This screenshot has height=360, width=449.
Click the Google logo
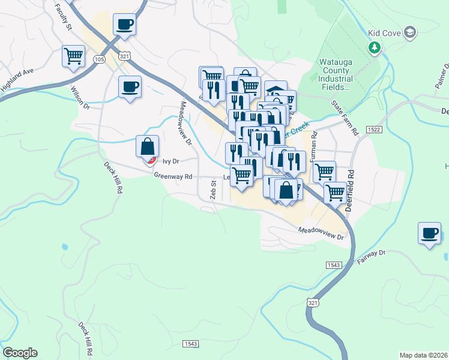coord(20,353)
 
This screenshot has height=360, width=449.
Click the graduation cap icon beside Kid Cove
coord(410,32)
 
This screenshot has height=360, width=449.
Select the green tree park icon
coord(375,47)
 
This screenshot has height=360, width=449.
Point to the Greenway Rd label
coord(172,176)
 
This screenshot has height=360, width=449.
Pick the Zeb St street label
coord(212,191)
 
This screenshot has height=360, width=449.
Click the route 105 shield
coord(100,59)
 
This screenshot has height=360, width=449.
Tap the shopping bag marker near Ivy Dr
coord(148,147)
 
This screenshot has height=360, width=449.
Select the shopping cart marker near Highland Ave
coord(73,57)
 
